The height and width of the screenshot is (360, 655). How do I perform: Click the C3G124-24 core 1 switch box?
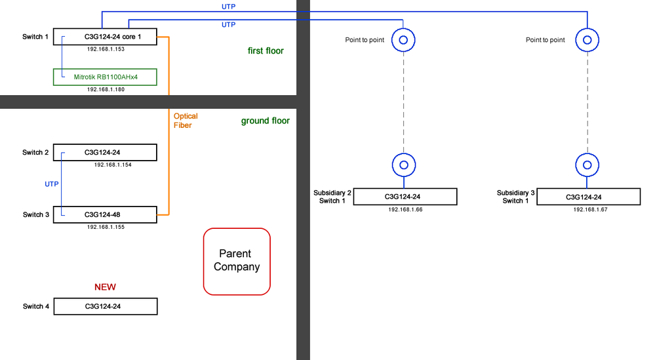coord(105,37)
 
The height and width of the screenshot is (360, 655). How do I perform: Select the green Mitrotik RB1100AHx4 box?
coord(105,77)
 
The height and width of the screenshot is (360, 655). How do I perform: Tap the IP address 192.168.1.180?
coord(106,89)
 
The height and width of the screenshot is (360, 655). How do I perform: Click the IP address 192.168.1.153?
coord(106,49)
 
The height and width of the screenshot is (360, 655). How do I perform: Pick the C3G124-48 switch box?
coord(105,214)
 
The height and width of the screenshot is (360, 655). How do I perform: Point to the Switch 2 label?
coord(36,153)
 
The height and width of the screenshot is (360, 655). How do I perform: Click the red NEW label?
coord(105,287)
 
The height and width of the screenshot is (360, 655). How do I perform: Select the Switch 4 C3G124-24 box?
coord(105,306)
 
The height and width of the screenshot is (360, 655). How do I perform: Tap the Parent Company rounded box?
coord(237,260)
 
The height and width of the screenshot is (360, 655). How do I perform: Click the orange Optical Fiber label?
coord(186,121)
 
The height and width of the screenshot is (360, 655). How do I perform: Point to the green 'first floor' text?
coord(266,50)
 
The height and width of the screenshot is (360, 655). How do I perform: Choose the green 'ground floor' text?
coord(265,121)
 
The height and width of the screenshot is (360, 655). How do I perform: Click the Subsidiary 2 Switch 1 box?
coord(405,197)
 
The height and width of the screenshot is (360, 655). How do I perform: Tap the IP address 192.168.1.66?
coord(405,209)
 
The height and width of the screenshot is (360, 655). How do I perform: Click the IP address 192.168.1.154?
coord(113,165)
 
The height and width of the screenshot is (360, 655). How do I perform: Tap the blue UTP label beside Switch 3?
coord(52,184)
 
